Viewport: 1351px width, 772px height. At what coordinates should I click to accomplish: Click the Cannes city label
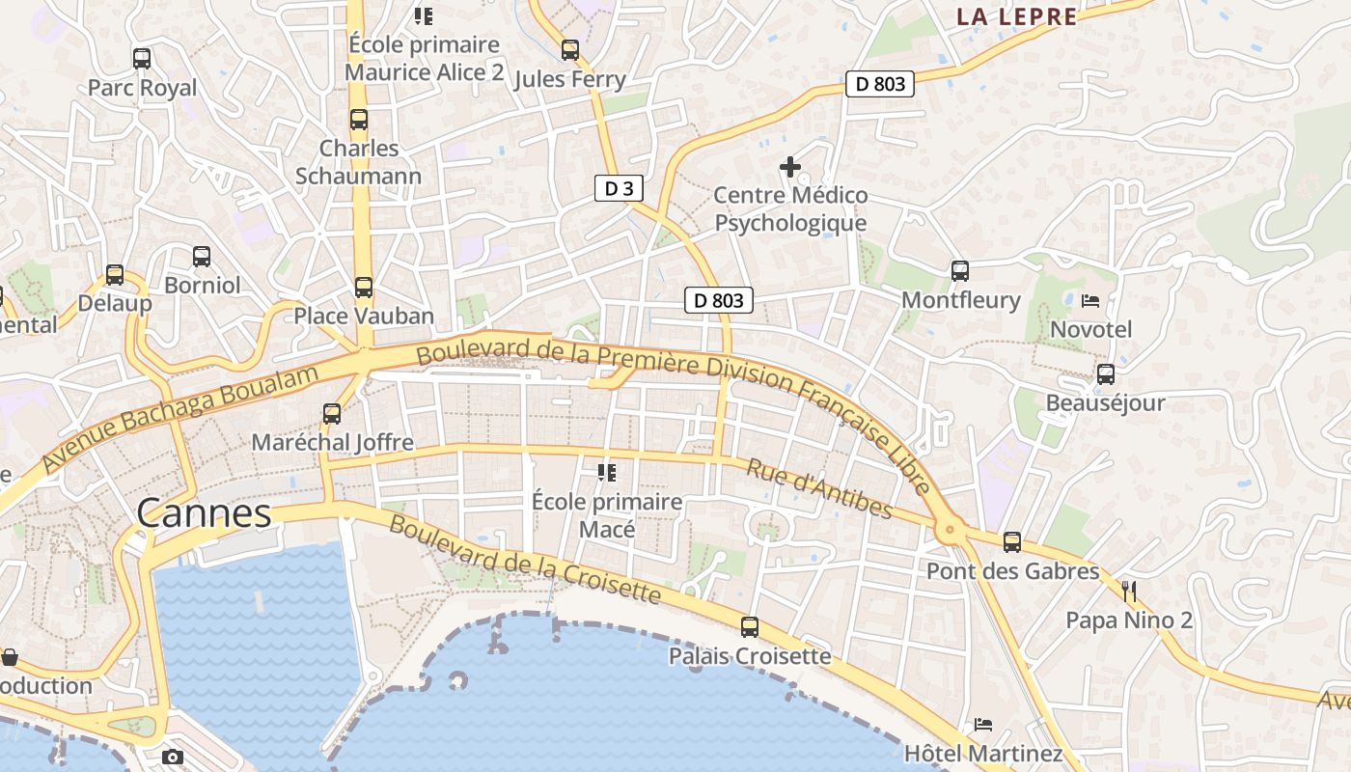tap(204, 512)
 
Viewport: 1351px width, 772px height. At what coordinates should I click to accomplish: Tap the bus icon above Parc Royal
tap(142, 59)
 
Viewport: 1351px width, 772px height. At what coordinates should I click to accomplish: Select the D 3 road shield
tap(618, 188)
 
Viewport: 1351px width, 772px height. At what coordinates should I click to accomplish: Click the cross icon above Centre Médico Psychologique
tap(790, 167)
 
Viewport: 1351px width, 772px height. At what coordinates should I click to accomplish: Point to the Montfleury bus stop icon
tap(959, 271)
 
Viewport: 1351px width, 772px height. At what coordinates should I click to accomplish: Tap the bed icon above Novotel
tap(1090, 301)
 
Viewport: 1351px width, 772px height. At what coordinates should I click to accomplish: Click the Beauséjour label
tap(1105, 402)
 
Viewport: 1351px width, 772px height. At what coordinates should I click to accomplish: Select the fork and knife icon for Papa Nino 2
tap(1129, 592)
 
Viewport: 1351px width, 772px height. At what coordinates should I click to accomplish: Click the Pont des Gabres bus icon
tap(1011, 542)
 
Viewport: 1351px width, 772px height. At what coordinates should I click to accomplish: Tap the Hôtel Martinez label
tap(982, 753)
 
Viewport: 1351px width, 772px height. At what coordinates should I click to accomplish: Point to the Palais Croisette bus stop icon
tap(750, 627)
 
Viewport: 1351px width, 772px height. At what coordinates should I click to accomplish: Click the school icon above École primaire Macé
tap(607, 473)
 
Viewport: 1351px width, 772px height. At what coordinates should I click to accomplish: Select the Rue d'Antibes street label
tap(819, 487)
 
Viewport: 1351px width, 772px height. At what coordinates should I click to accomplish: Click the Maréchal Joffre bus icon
tap(332, 414)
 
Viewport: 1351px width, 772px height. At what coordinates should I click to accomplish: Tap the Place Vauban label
tap(364, 316)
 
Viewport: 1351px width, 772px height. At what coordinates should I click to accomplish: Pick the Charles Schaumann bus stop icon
tap(359, 120)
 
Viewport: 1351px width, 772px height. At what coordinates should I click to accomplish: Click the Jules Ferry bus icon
tap(570, 50)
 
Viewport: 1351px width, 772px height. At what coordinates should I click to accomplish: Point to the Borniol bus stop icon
tap(202, 257)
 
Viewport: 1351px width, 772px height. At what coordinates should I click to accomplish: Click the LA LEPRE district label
tap(1016, 16)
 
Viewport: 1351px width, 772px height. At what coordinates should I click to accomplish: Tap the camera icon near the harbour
tap(173, 757)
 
